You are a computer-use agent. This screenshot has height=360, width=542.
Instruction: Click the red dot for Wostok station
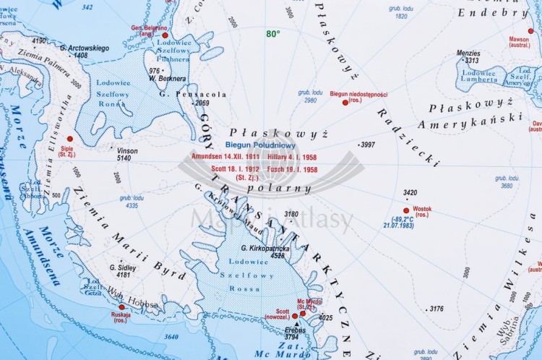tap(406, 210)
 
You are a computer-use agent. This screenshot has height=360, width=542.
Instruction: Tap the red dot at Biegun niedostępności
tap(345, 103)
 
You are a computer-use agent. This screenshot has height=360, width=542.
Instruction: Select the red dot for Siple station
tap(70, 138)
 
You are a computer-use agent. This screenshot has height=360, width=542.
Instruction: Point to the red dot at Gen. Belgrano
tap(165, 35)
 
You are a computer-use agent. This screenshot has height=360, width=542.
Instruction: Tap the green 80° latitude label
tap(272, 33)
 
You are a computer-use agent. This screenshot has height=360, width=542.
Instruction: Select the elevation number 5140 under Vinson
tap(124, 158)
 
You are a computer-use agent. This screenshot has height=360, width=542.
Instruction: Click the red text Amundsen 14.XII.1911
tap(225, 156)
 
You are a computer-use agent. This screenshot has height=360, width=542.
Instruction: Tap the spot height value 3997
tap(368, 145)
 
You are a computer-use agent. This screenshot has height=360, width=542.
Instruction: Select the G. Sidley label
tap(122, 267)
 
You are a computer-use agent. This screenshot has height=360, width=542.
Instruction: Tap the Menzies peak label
tap(468, 53)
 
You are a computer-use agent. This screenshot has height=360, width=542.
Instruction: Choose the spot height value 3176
tap(436, 309)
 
